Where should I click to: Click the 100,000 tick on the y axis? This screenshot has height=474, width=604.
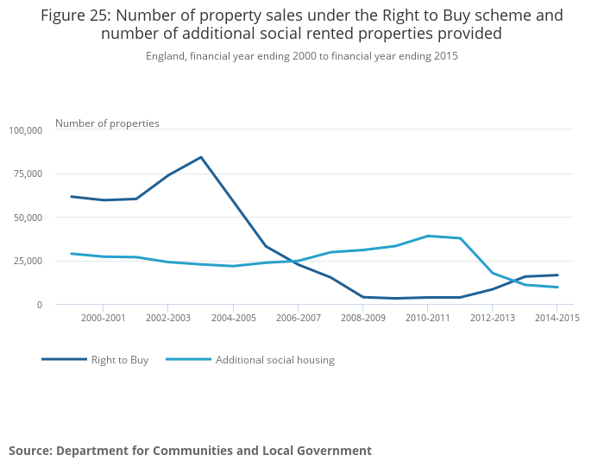coord(25,130)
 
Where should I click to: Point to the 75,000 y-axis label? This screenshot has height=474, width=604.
coord(28,174)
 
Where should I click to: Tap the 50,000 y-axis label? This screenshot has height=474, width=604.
coord(28,218)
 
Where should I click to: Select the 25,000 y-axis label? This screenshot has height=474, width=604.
coord(28,261)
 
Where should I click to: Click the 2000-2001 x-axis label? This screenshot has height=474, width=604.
coord(104,318)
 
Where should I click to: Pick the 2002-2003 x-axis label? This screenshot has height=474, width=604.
coord(168,318)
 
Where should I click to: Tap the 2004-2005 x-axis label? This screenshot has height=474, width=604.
coord(233,318)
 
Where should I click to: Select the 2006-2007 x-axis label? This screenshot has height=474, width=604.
coord(298,318)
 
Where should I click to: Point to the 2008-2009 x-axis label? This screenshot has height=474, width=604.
coord(362,318)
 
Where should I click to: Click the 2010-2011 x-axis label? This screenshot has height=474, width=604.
coord(428,318)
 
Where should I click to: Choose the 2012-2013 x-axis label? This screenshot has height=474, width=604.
coord(493,318)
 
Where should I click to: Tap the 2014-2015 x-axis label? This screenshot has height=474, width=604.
coord(557,318)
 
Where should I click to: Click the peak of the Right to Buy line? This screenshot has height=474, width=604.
coord(201,157)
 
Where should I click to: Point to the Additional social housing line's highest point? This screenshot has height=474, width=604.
coord(428,236)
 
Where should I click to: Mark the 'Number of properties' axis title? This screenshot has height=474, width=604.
coord(107,123)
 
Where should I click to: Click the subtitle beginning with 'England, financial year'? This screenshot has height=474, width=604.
coord(302,56)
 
